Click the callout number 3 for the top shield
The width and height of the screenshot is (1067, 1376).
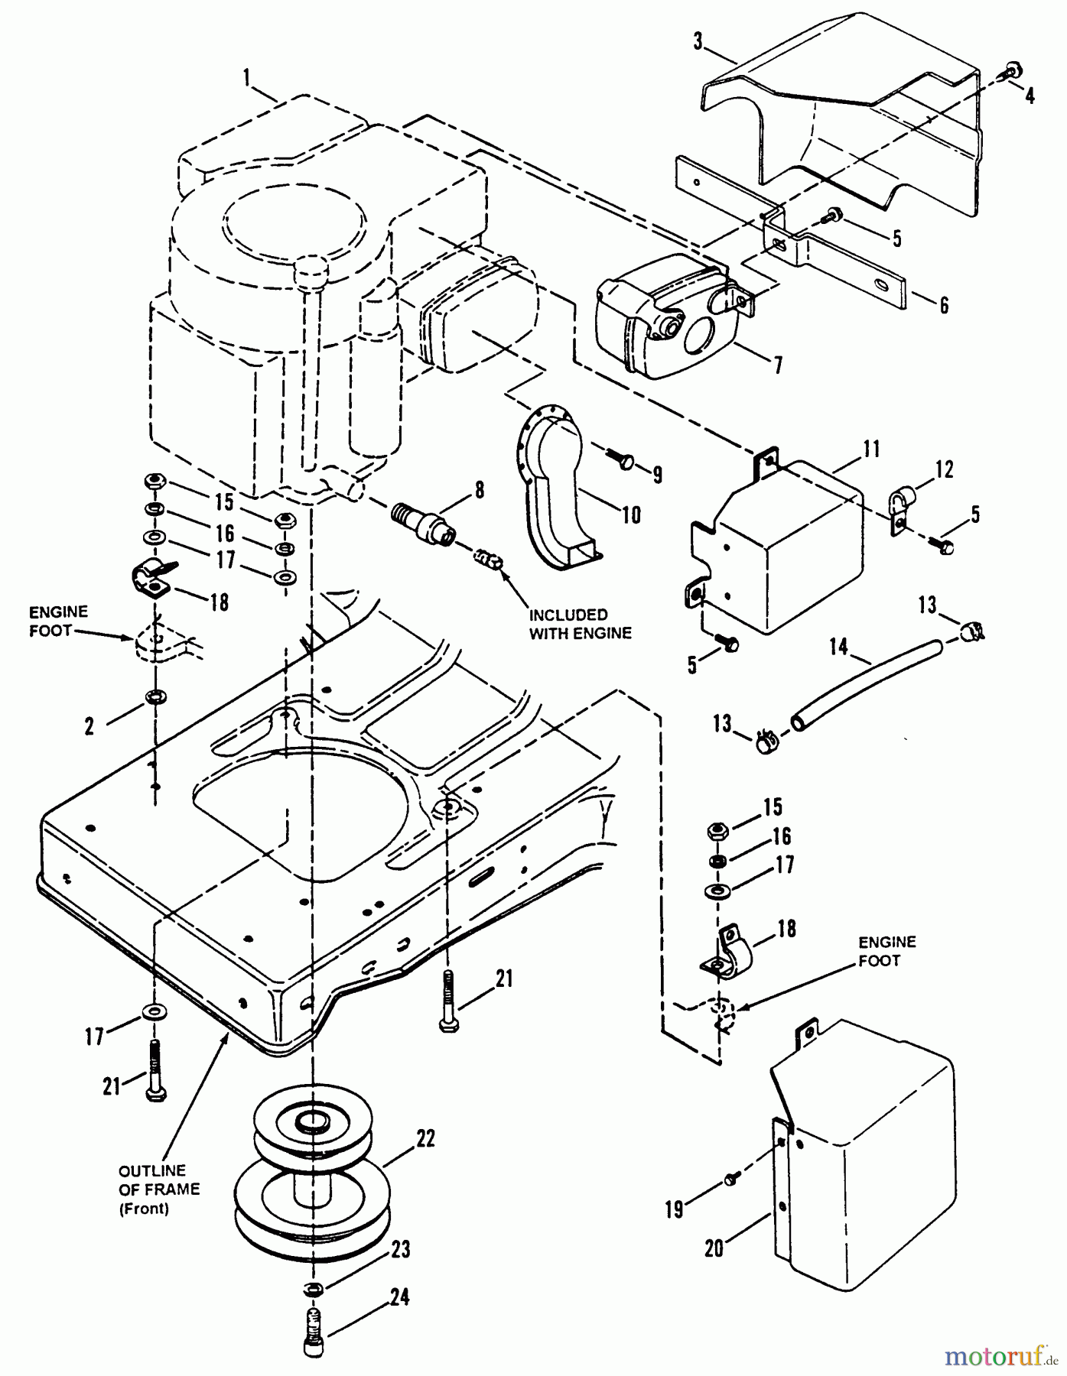tap(698, 41)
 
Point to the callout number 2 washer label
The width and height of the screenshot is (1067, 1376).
tap(89, 726)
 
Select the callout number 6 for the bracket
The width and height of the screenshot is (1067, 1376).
tap(943, 305)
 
